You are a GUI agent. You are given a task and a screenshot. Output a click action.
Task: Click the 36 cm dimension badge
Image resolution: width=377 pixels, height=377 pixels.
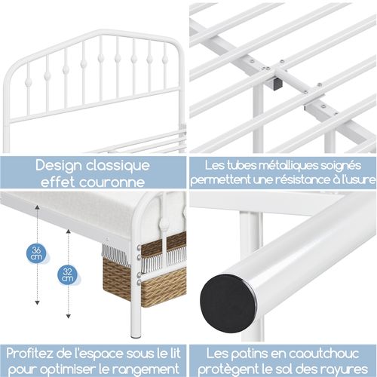37,253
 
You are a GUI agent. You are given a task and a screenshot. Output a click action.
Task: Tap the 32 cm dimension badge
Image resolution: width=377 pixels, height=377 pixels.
67,274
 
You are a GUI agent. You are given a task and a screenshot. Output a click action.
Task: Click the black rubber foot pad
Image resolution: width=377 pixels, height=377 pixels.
228,303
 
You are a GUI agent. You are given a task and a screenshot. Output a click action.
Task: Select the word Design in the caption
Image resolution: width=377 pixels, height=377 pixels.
59,167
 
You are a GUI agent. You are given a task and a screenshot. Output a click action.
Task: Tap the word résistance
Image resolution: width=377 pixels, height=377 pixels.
298,179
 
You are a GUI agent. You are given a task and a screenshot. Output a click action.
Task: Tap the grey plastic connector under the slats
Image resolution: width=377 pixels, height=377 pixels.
276,83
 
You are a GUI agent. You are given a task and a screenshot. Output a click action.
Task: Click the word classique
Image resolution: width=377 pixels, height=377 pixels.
118,166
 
